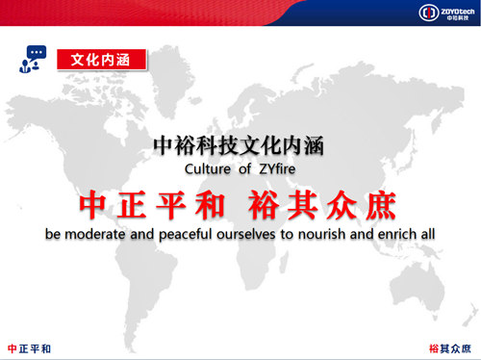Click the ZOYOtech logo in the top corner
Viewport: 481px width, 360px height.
(443, 13)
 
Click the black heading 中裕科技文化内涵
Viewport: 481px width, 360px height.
(240, 146)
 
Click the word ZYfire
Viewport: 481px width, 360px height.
(278, 170)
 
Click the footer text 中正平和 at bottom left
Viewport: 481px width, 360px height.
(29, 347)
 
